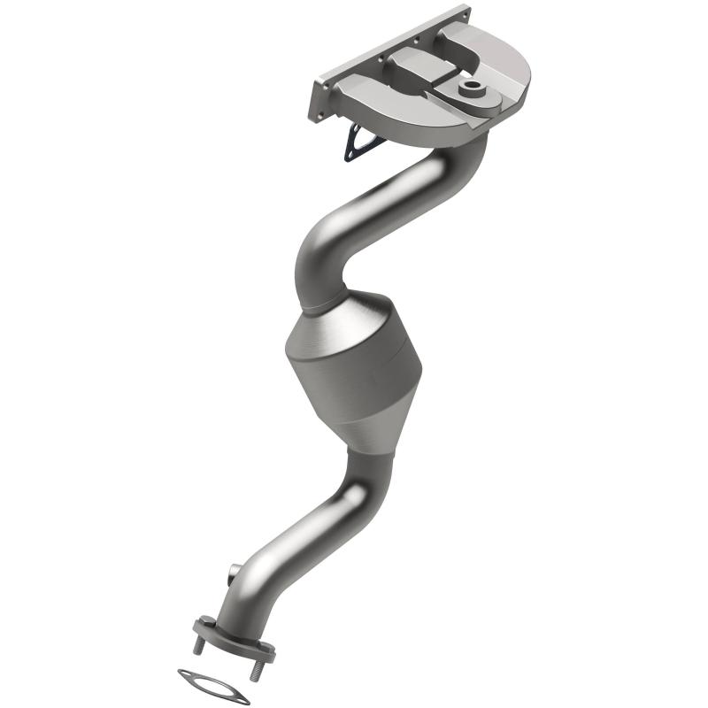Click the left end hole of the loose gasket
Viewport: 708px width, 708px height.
click(187, 675)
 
